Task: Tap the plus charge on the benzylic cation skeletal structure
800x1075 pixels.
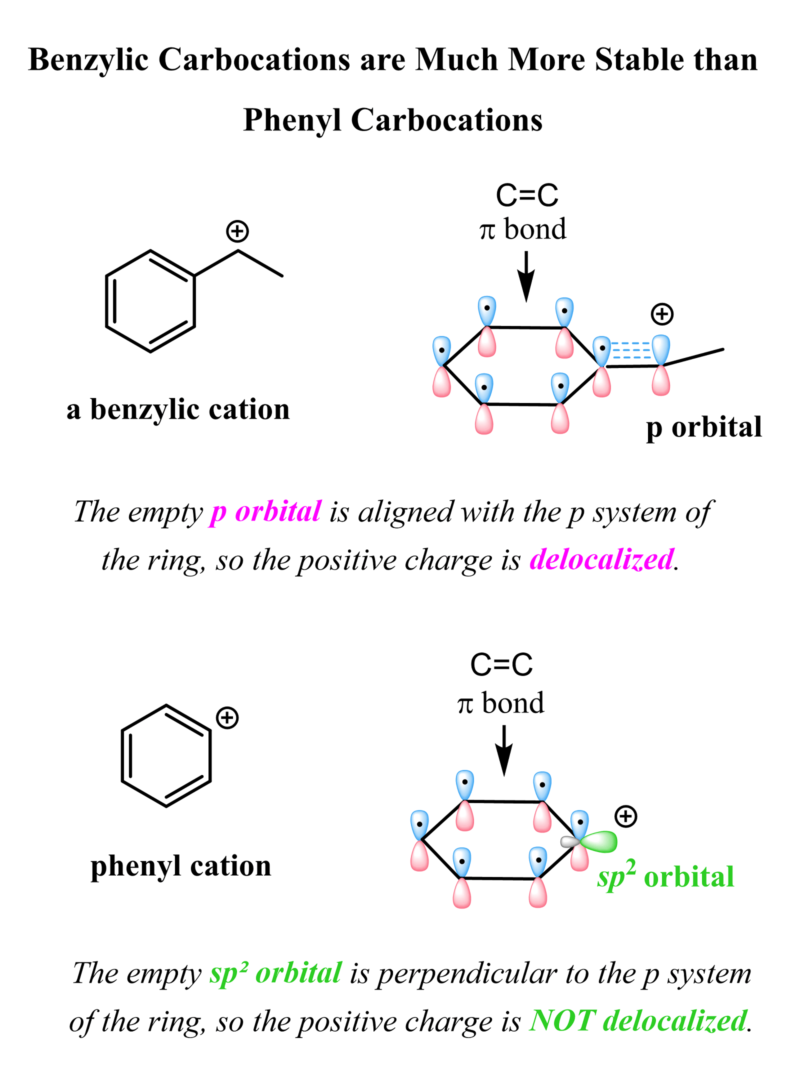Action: point(237,231)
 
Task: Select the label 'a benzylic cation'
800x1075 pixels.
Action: point(178,409)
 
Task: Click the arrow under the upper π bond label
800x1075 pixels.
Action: point(526,276)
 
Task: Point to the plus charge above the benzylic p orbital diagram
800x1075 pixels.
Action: point(662,314)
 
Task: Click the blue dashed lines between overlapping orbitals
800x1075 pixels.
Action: point(631,350)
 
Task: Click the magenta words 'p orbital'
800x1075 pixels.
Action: point(266,512)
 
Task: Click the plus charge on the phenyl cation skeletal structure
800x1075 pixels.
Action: point(227,718)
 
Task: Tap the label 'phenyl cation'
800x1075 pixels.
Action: point(181,866)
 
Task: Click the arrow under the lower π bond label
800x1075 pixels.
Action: point(504,750)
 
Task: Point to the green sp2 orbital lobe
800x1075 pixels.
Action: point(599,841)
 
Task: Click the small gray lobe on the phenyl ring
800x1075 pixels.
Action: point(569,842)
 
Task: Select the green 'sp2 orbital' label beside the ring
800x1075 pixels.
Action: point(665,876)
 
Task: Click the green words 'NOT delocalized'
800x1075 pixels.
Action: point(638,1020)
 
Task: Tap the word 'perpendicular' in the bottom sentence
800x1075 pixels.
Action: point(467,974)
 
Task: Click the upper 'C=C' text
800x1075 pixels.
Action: point(527,195)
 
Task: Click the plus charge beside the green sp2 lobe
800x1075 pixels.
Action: point(626,816)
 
